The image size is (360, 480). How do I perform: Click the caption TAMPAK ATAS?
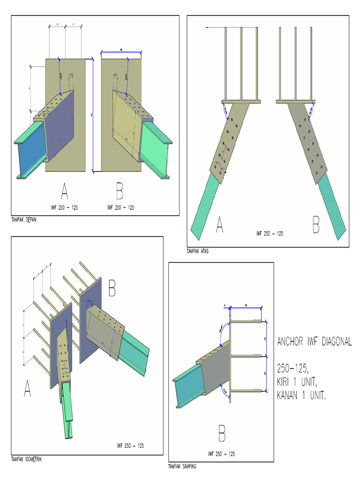198,251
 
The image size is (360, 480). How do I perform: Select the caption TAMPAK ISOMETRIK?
27,459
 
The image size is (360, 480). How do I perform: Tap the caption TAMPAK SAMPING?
182,466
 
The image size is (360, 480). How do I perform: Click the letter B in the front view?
120,192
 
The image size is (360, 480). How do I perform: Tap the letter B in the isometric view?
112,289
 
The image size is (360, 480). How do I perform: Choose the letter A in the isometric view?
27,389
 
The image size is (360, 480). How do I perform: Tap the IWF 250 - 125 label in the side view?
222,454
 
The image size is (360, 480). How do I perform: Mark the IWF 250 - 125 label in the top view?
270,233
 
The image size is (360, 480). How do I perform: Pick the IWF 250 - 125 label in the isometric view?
130,445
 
